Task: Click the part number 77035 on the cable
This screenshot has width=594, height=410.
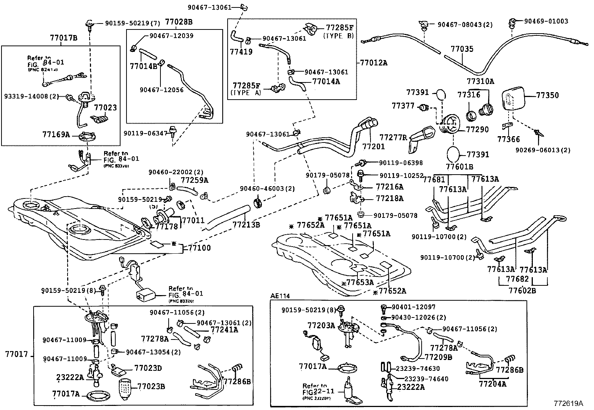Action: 462,49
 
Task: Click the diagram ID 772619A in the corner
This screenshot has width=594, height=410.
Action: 568,403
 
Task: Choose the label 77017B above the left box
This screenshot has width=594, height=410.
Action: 63,38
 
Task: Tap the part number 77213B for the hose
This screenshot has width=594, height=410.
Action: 246,225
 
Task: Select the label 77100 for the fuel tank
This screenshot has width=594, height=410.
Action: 199,248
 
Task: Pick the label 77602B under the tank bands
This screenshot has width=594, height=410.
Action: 522,290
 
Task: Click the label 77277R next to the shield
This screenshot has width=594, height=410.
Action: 393,138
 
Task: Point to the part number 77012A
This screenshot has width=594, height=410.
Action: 373,63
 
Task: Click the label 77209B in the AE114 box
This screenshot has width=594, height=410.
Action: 438,357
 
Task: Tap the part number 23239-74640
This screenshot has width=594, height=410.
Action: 426,379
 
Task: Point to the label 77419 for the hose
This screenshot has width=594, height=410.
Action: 241,52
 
